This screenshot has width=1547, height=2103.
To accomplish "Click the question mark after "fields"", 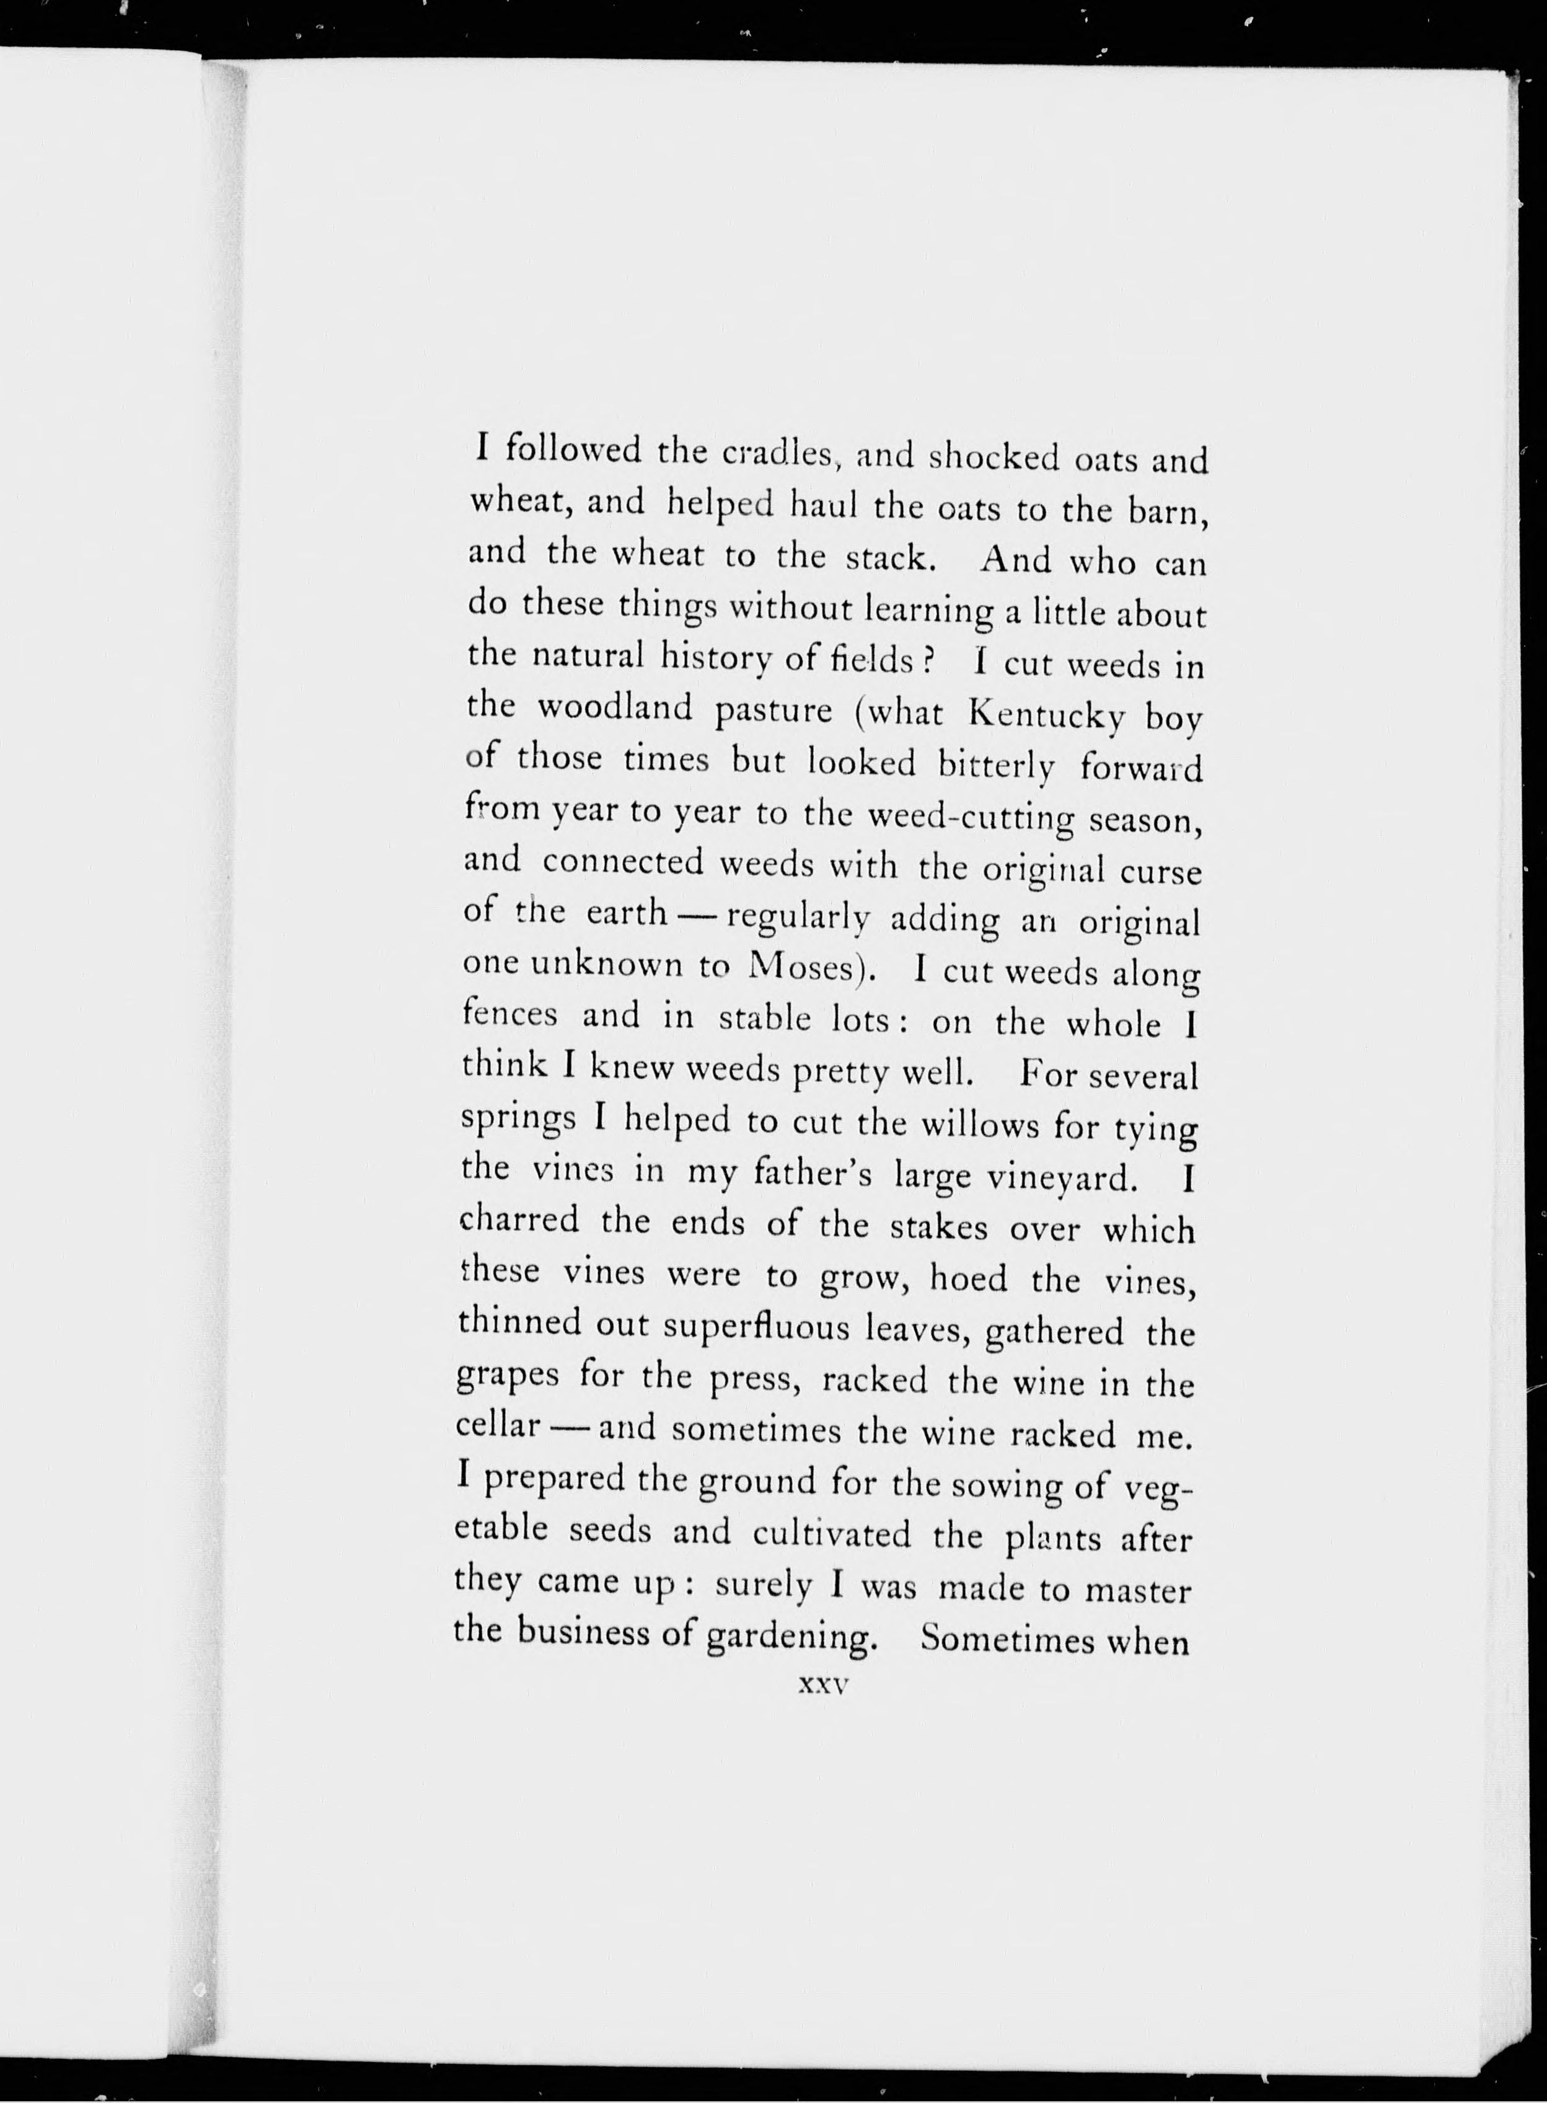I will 929,662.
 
